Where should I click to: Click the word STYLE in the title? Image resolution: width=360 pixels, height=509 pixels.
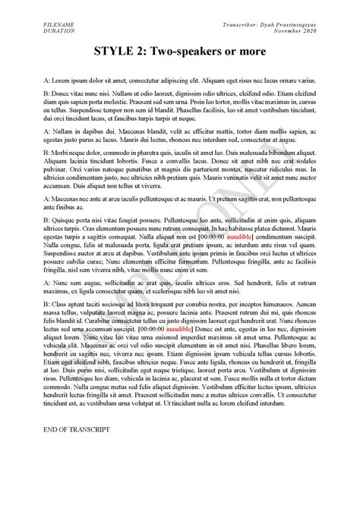click(115, 52)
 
